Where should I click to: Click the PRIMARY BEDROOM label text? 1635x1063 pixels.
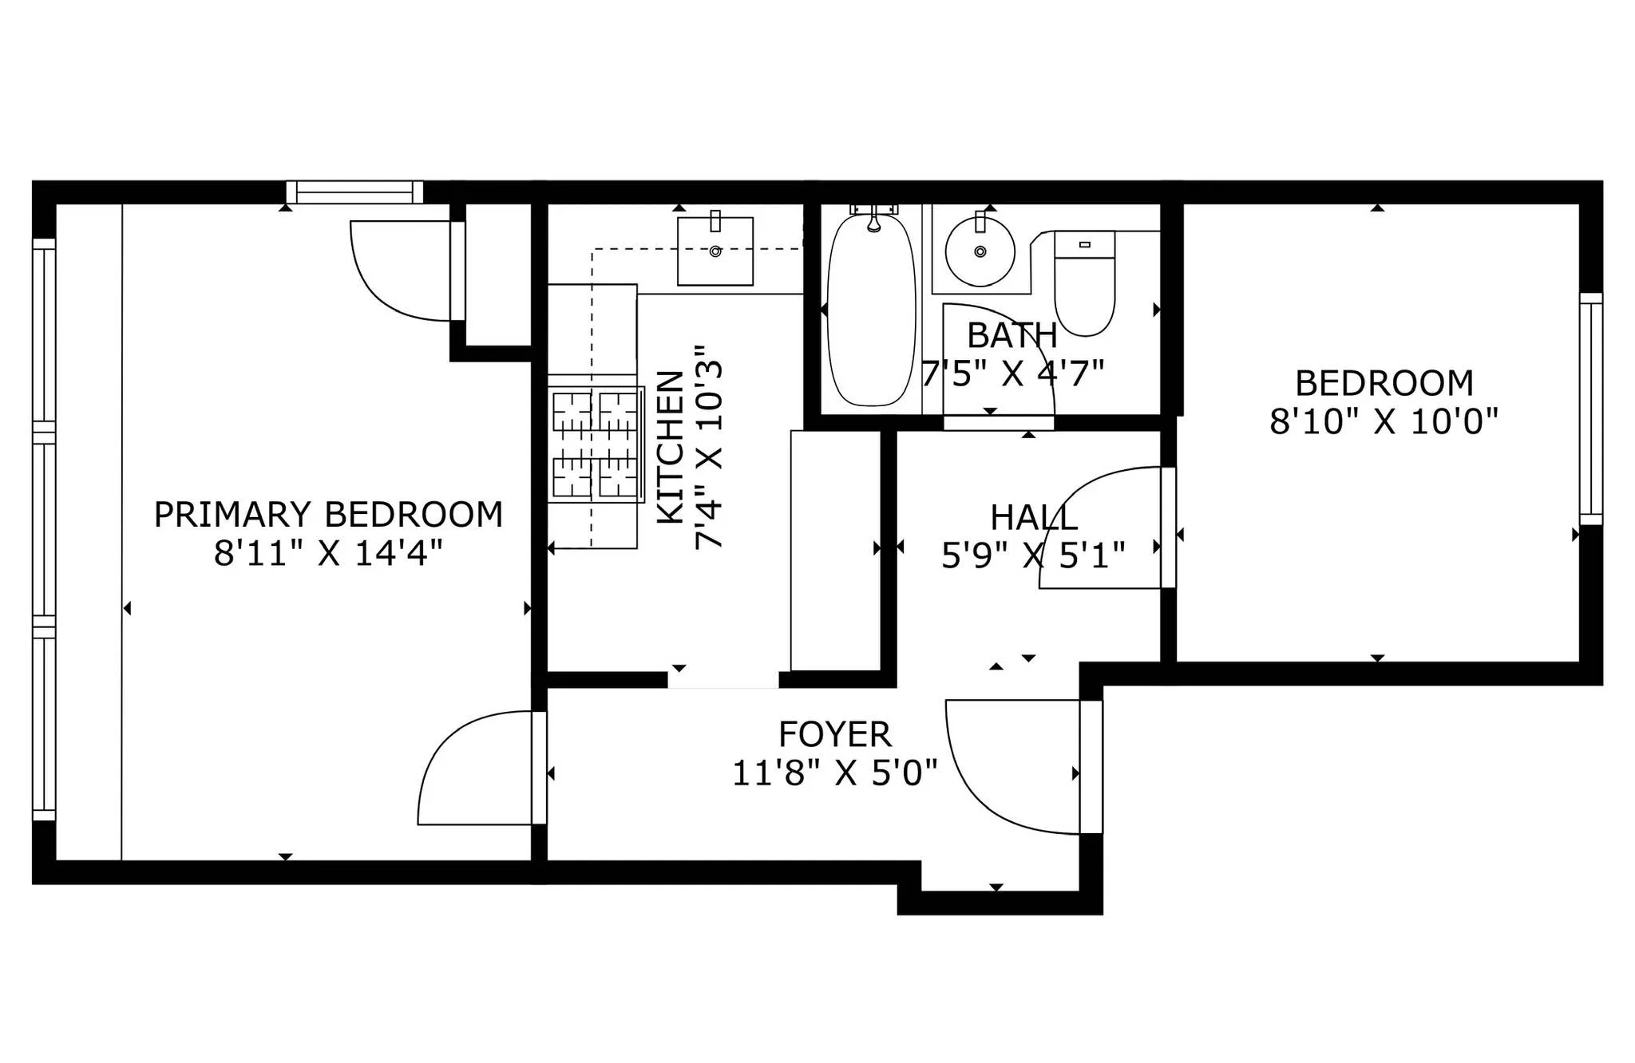pos(328,515)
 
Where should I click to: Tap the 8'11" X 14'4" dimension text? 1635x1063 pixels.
pos(328,553)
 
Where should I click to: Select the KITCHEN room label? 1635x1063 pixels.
pos(671,447)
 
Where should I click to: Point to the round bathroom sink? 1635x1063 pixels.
pos(980,251)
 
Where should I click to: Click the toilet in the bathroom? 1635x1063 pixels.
pos(1084,287)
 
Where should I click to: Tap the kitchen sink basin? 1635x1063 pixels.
pos(715,251)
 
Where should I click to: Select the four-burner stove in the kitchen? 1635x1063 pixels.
pos(596,445)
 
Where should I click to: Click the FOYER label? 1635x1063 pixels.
pos(834,734)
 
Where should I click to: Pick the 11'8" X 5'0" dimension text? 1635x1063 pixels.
pos(834,773)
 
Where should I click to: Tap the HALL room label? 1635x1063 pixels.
pos(1033,518)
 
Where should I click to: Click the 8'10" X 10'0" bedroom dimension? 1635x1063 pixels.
pos(1384,421)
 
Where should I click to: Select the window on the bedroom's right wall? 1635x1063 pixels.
pos(1590,409)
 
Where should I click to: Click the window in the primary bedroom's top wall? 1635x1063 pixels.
pos(354,192)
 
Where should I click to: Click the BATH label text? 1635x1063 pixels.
pos(1011,336)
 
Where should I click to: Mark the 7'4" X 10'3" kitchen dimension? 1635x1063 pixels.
pos(709,447)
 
